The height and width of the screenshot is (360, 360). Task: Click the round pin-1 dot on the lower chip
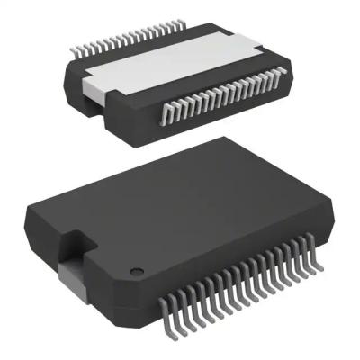point(136,271)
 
